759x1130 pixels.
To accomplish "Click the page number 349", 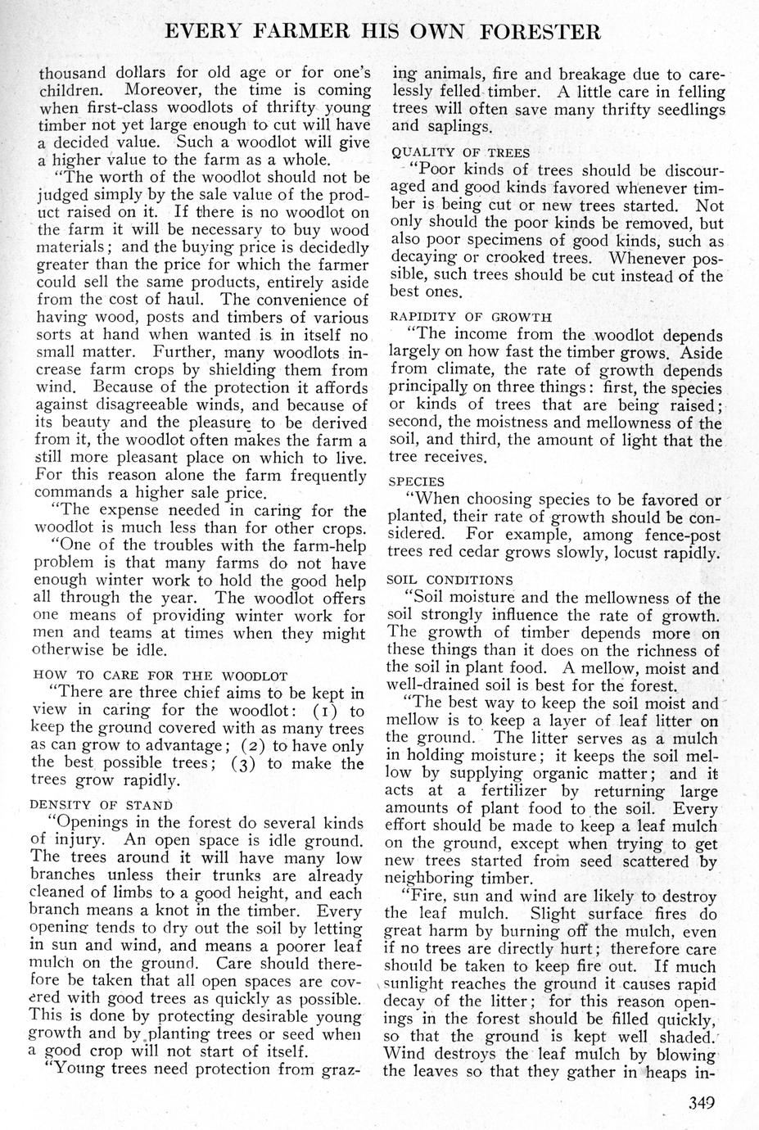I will [x=703, y=1101].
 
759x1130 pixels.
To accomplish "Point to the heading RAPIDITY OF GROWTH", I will [x=470, y=316].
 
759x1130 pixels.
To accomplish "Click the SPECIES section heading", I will [x=417, y=481].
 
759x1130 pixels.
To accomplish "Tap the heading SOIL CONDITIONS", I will [x=450, y=580].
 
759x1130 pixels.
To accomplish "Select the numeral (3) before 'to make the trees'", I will [x=245, y=763].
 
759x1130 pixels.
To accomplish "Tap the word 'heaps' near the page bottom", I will [x=669, y=1073].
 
